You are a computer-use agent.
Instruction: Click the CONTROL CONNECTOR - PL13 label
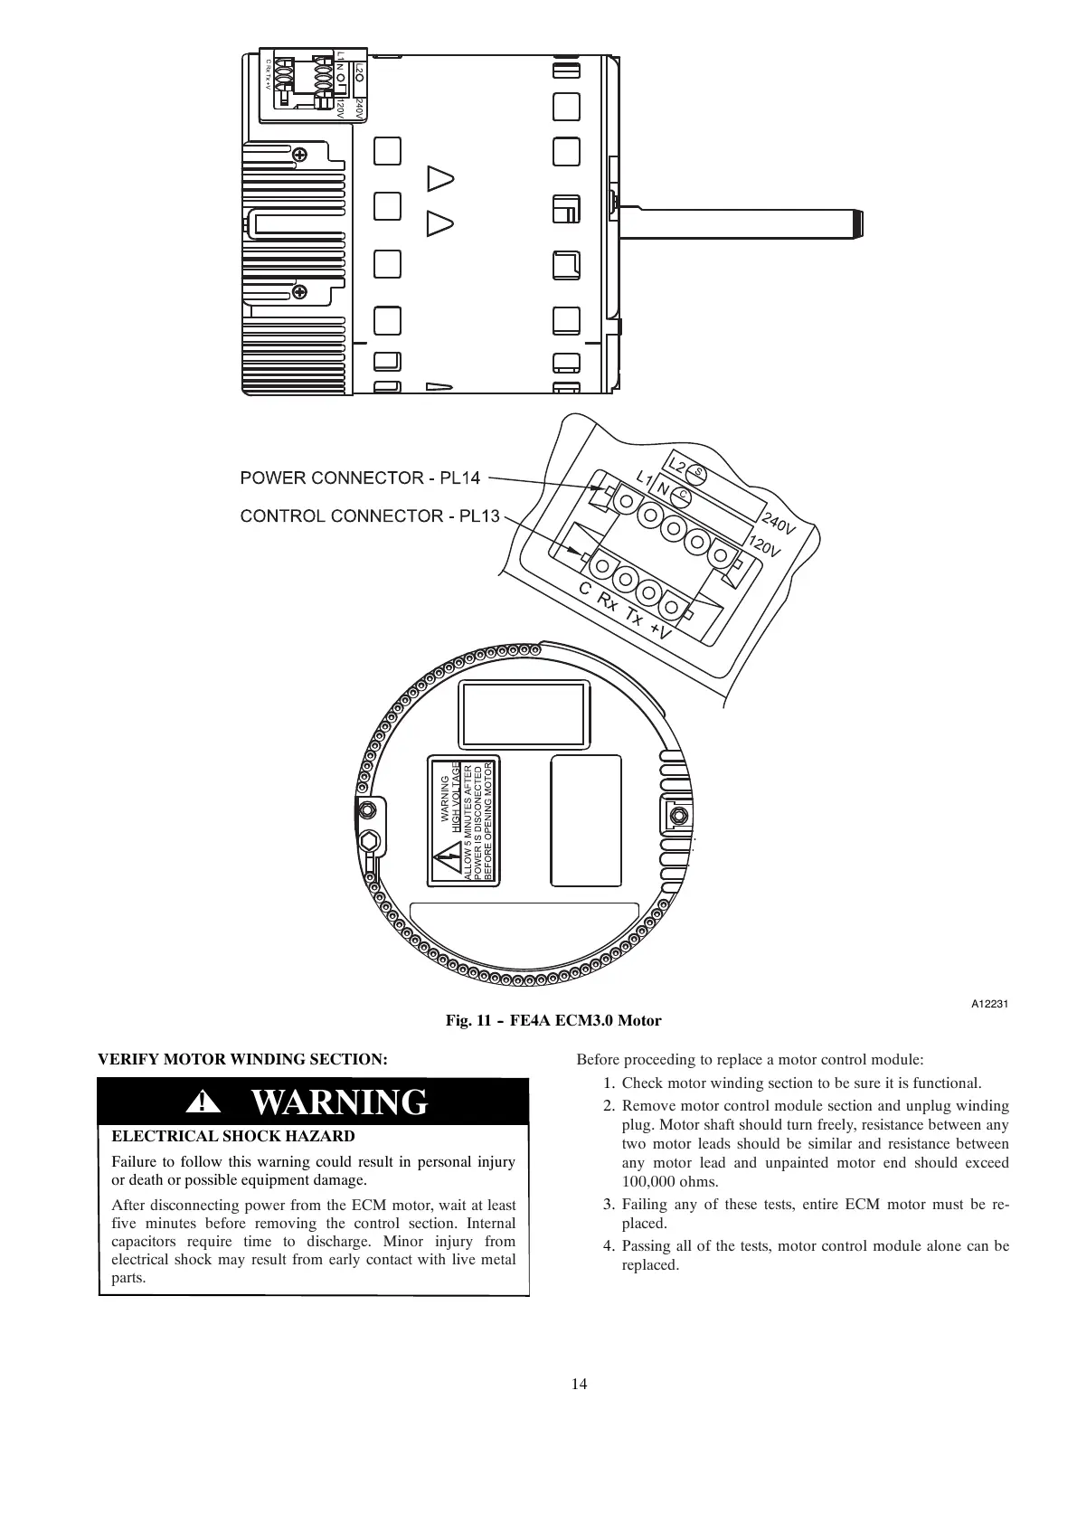click(x=369, y=516)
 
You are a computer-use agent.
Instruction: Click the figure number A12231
click(x=990, y=1005)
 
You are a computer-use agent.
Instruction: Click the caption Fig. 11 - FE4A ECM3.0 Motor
click(x=553, y=1021)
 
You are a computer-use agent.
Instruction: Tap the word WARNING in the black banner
click(x=338, y=1102)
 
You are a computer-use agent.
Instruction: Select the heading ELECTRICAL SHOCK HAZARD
click(x=232, y=1137)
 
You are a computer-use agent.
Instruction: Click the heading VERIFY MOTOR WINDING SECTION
click(x=242, y=1059)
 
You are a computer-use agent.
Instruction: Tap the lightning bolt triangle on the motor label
click(x=446, y=863)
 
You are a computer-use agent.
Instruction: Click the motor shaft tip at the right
click(x=856, y=224)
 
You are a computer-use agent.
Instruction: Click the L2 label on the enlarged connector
click(x=676, y=464)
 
